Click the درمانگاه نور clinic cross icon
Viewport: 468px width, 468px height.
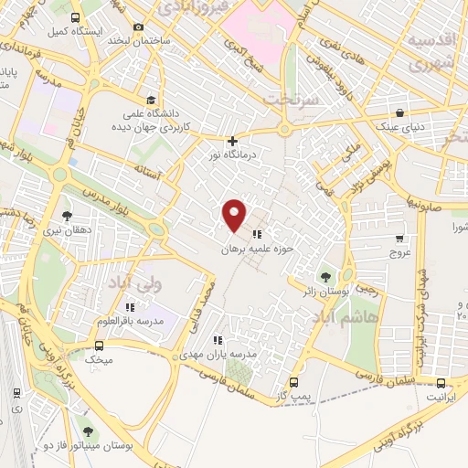pyautogui.click(x=233, y=141)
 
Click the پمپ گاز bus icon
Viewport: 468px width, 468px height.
pyautogui.click(x=293, y=383)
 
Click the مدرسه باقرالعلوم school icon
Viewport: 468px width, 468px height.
pyautogui.click(x=130, y=306)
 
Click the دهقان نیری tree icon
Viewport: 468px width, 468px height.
pyautogui.click(x=68, y=217)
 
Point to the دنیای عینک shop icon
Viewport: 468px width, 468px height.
pyautogui.click(x=377, y=112)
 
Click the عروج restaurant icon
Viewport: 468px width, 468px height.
pyautogui.click(x=397, y=233)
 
